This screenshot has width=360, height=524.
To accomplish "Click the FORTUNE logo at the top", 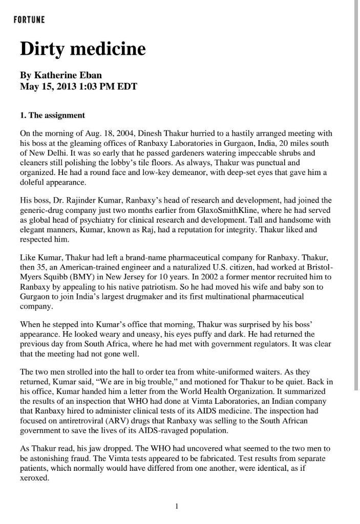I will [x=29, y=20].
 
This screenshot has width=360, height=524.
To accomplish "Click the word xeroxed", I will [x=34, y=478].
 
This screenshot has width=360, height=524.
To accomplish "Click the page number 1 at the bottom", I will [x=177, y=506].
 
